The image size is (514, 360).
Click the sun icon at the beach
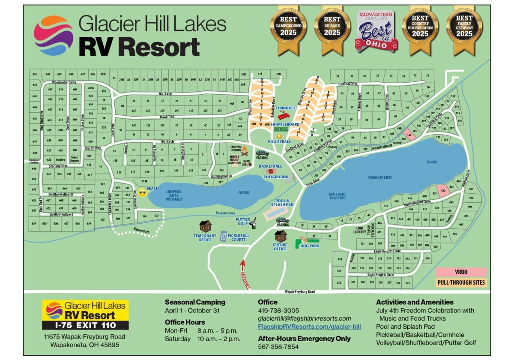(142, 192)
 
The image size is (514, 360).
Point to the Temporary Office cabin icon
(205, 226)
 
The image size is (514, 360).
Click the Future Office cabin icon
(281, 236)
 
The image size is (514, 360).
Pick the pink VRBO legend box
(461, 272)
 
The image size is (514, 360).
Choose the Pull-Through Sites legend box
(461, 283)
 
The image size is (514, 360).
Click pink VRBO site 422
(443, 190)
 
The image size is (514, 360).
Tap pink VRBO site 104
(409, 135)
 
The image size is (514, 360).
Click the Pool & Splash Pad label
(282, 203)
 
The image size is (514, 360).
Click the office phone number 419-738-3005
(278, 310)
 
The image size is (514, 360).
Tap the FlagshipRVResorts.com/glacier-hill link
(309, 327)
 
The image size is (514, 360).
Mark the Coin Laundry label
(359, 230)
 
